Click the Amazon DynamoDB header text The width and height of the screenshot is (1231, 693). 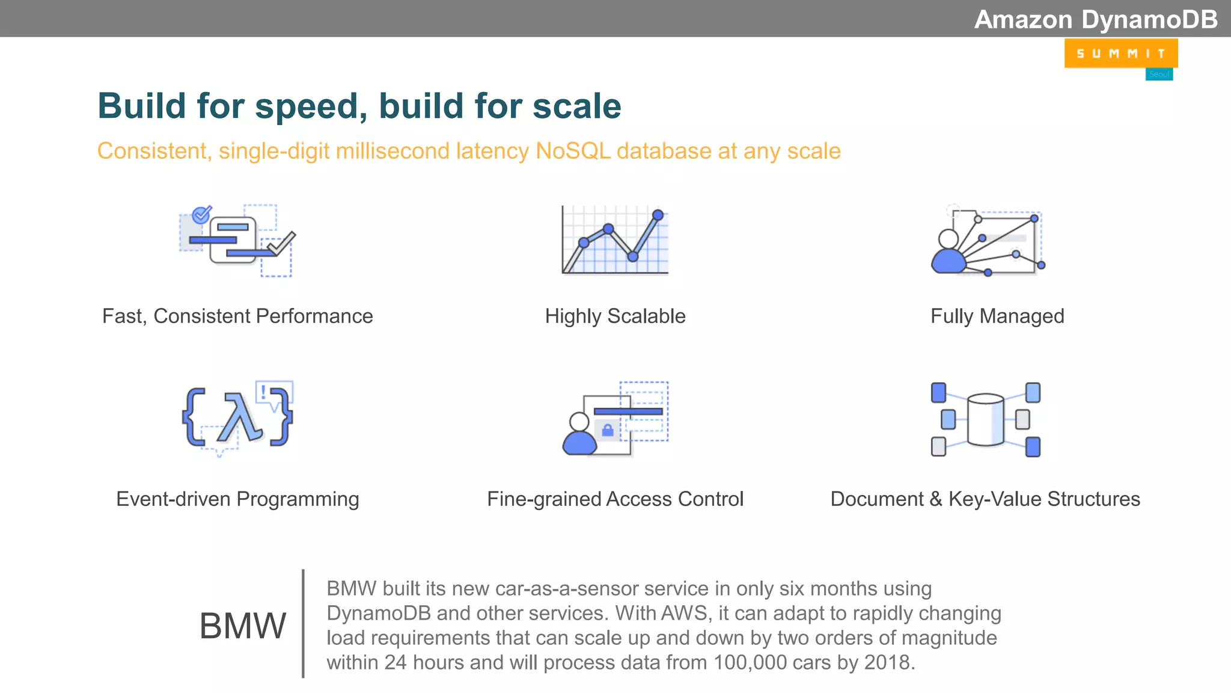[x=1095, y=19]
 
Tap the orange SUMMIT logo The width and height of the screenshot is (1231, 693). [x=1120, y=54]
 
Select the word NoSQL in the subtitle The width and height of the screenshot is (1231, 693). [x=572, y=151]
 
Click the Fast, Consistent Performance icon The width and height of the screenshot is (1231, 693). [x=238, y=241]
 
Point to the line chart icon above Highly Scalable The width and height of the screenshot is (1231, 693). [x=615, y=241]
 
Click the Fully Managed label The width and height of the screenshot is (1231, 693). [x=997, y=316]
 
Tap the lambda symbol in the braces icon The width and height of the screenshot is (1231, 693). [x=242, y=417]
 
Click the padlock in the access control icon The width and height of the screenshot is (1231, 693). [x=608, y=430]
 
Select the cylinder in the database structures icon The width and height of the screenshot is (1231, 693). [x=985, y=419]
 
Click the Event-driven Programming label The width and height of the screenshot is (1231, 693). [x=237, y=499]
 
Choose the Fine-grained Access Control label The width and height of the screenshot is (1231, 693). [x=615, y=499]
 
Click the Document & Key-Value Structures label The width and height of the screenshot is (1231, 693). [x=985, y=499]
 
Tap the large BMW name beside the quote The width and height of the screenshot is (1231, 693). [x=242, y=626]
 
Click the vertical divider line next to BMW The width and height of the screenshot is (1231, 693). [x=303, y=623]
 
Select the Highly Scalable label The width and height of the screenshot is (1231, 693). [x=615, y=316]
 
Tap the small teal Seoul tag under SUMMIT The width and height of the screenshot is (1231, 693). [x=1159, y=74]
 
